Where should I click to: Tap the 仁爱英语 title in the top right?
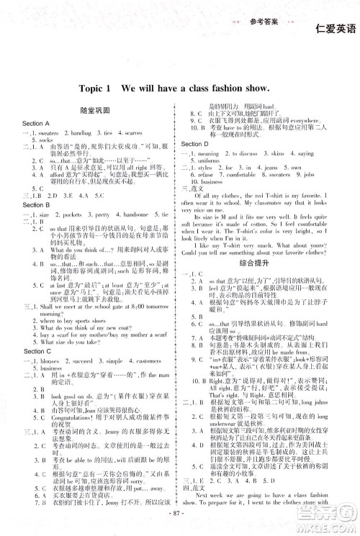point(335,29)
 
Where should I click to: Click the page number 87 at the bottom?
point(179,511)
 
